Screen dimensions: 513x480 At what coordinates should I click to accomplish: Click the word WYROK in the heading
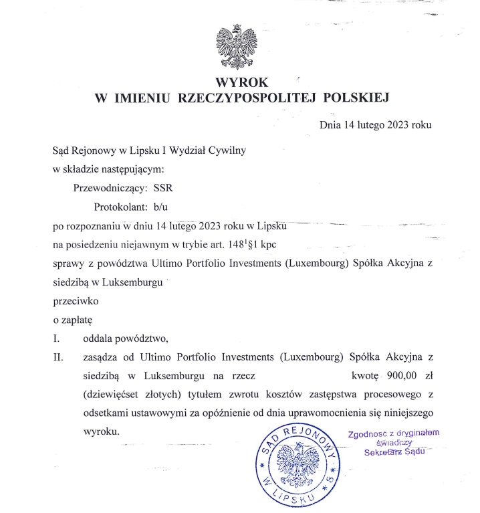(240, 83)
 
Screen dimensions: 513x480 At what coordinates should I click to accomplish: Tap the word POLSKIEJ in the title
(354, 98)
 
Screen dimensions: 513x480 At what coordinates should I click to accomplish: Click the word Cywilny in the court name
(229, 150)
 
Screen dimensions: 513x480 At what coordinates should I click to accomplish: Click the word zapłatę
(72, 320)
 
